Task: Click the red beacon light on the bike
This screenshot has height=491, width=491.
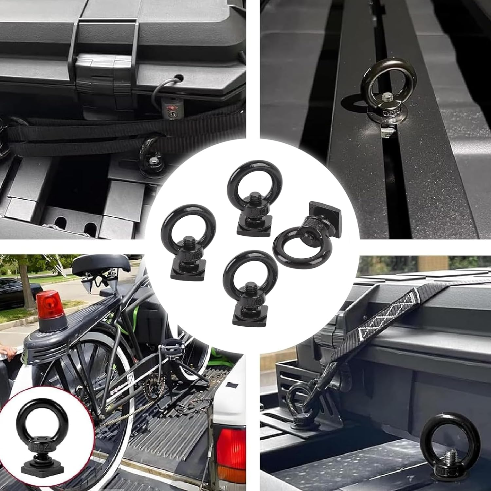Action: (50, 306)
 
